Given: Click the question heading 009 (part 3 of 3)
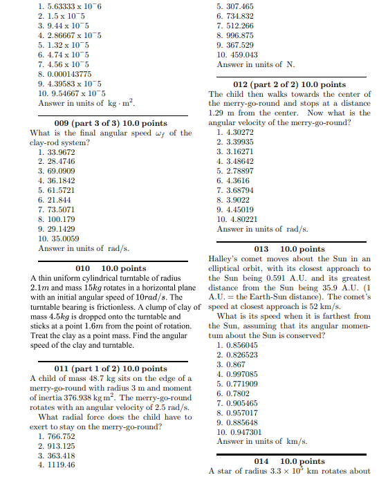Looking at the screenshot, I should pyautogui.click(x=111, y=123).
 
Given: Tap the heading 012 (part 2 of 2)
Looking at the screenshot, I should pyautogui.click(x=289, y=84).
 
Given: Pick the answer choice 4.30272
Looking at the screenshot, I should pyautogui.click(x=235, y=133).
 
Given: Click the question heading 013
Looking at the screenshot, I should pyautogui.click(x=289, y=249).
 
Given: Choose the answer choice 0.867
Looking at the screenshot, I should pyautogui.click(x=231, y=364).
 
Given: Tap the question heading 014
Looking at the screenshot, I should pyautogui.click(x=289, y=461).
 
